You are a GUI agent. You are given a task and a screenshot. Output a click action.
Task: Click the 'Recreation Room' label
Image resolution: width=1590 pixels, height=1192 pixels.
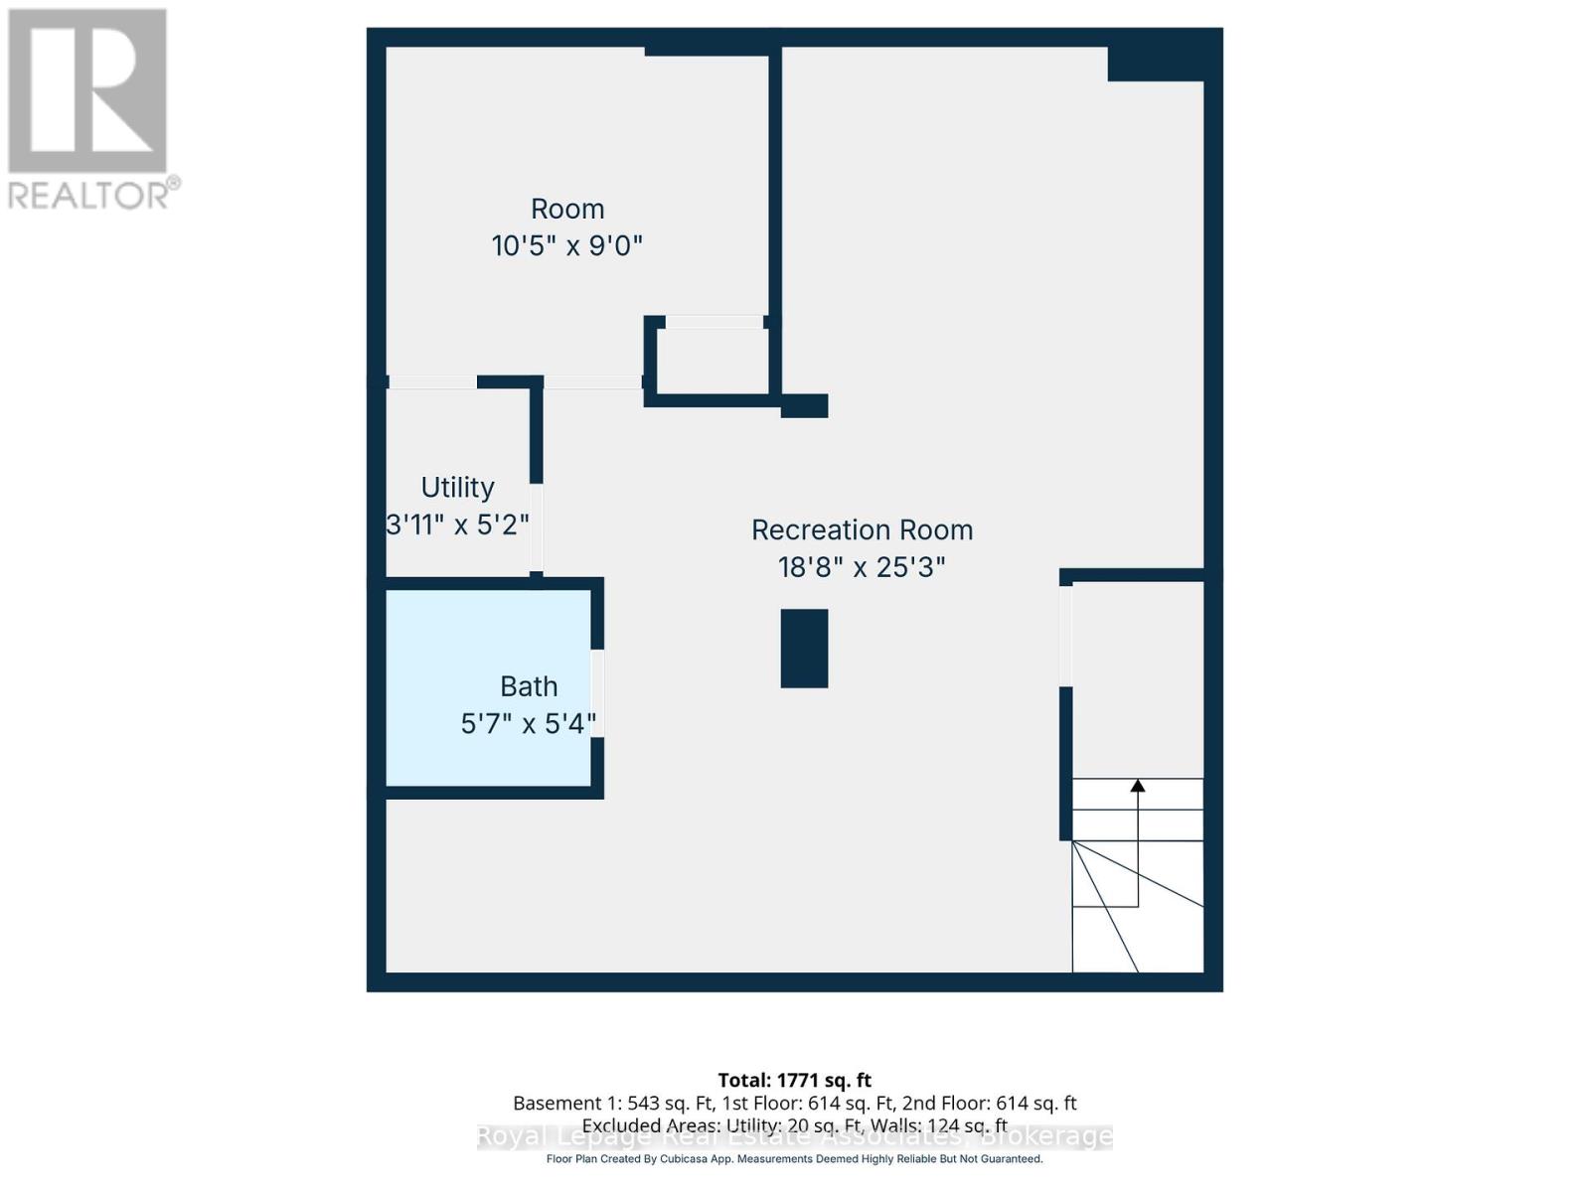click(x=862, y=530)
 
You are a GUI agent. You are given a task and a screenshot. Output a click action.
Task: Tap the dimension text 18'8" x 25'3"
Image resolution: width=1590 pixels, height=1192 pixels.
click(x=862, y=567)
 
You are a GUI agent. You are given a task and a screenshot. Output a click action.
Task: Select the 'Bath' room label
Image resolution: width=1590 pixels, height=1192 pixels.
click(x=529, y=686)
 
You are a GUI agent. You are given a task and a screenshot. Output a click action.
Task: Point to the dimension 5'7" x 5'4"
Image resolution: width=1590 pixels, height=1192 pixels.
click(x=528, y=723)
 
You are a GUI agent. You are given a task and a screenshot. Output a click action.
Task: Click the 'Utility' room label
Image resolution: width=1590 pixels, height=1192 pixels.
click(x=457, y=488)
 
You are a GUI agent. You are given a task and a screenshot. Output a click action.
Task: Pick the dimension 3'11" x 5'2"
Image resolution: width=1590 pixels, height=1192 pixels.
click(x=457, y=524)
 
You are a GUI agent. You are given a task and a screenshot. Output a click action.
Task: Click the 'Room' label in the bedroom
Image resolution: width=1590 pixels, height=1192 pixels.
click(x=567, y=210)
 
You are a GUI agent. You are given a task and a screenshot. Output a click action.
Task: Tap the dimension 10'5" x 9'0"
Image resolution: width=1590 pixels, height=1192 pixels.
click(x=567, y=245)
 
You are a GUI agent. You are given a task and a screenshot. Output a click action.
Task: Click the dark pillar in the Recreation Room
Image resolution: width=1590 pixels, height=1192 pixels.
click(x=804, y=649)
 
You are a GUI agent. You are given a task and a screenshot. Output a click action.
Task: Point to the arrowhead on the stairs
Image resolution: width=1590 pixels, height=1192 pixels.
click(x=1138, y=786)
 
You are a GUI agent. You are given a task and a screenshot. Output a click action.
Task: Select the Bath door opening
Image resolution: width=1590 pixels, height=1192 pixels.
click(x=597, y=692)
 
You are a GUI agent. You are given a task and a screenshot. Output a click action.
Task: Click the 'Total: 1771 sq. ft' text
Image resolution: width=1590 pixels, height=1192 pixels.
click(x=794, y=1080)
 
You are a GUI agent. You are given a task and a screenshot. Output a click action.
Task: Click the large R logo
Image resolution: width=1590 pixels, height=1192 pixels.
click(x=87, y=91)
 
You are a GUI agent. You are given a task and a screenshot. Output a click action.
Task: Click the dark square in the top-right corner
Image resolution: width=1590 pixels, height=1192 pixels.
click(x=1156, y=64)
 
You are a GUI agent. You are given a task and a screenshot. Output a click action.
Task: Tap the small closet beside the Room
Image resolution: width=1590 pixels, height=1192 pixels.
click(x=713, y=361)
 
